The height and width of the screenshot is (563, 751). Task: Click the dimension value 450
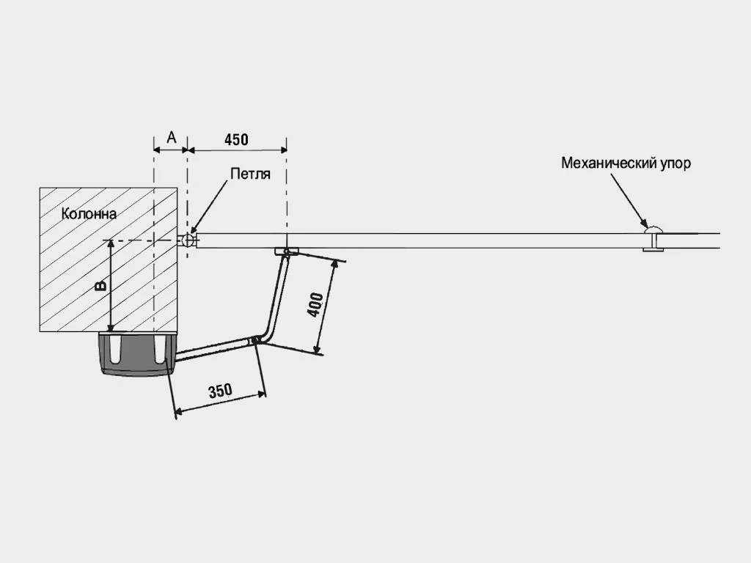[x=236, y=139]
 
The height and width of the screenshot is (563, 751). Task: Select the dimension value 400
[x=314, y=305]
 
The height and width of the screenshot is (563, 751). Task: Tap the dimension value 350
[x=220, y=391]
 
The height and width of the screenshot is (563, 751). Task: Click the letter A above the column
[x=172, y=137]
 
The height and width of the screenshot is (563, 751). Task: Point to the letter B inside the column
[x=102, y=284]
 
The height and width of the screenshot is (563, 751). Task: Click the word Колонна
[x=89, y=214]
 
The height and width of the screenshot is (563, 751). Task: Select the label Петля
[x=250, y=174]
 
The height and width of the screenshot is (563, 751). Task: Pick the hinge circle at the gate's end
[x=188, y=240]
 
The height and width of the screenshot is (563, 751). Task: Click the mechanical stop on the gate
[x=653, y=240]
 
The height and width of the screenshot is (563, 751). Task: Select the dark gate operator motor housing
[x=136, y=355]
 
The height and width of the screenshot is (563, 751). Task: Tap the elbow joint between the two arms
[x=257, y=340]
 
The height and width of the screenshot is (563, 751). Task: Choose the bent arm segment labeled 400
[x=276, y=297]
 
